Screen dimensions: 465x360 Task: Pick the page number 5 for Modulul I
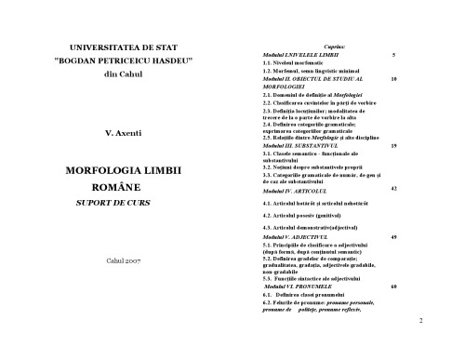[394, 57]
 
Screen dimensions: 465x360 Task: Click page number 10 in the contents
[394, 80]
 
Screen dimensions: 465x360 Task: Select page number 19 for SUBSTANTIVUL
[394, 146]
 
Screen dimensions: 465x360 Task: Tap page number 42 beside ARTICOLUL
[394, 188]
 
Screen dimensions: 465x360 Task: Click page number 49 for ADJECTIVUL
[394, 238]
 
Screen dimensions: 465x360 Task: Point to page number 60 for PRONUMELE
[394, 287]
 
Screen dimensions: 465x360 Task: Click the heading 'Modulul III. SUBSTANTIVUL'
[306, 147]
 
